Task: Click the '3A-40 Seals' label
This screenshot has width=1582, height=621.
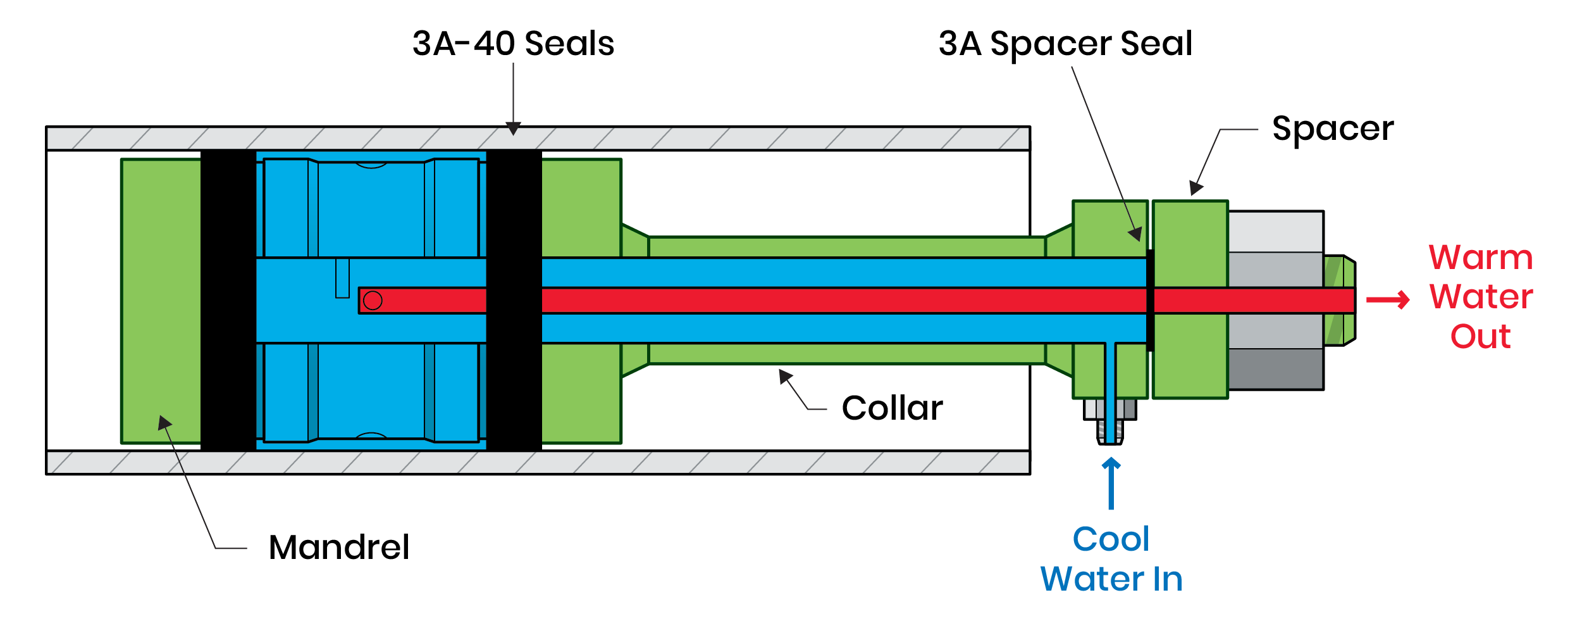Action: [x=513, y=44]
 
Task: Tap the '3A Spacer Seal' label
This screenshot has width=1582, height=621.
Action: [x=1065, y=44]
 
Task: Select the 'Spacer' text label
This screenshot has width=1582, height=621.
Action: [x=1333, y=129]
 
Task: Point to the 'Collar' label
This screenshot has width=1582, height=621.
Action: [x=892, y=408]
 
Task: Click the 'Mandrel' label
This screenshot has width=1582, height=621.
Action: [x=338, y=548]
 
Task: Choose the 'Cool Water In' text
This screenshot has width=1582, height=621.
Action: [x=1111, y=560]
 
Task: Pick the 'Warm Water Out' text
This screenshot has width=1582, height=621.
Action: [x=1481, y=297]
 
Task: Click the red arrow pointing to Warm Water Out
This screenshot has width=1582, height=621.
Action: [x=1388, y=299]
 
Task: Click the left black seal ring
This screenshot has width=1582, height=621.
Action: [x=228, y=299]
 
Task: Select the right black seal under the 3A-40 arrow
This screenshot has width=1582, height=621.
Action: [x=514, y=299]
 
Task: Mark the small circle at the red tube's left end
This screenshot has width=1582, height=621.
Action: [x=373, y=300]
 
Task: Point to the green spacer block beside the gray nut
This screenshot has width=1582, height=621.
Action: [x=1190, y=241]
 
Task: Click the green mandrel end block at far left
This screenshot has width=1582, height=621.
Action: [x=161, y=301]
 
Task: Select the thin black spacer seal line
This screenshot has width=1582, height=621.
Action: [x=1151, y=300]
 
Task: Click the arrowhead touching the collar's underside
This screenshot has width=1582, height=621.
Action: [x=786, y=377]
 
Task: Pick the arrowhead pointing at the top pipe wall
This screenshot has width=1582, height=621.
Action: [x=514, y=129]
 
